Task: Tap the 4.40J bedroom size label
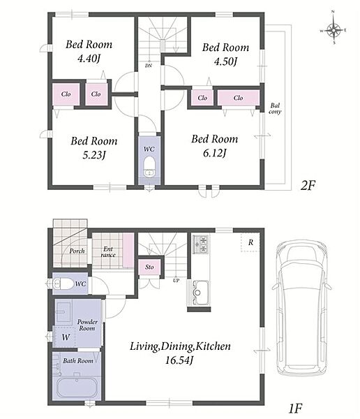[x=89, y=58]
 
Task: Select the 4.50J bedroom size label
[x=225, y=61]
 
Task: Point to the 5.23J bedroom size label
[x=94, y=155]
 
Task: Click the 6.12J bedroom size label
[x=215, y=153]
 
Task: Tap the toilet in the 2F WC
[x=149, y=166]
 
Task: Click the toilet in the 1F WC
[x=63, y=284]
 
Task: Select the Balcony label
[x=275, y=108]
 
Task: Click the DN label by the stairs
[x=149, y=66]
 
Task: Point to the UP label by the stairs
[x=176, y=280]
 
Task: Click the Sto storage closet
[x=149, y=267]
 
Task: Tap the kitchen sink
[x=200, y=292]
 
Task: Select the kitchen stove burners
[x=200, y=244]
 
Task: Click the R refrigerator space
[x=250, y=242]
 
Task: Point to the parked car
[x=301, y=308]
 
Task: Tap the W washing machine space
[x=64, y=337]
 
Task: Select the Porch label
[x=77, y=251]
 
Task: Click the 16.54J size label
[x=179, y=360]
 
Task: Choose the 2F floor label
[x=308, y=185]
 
